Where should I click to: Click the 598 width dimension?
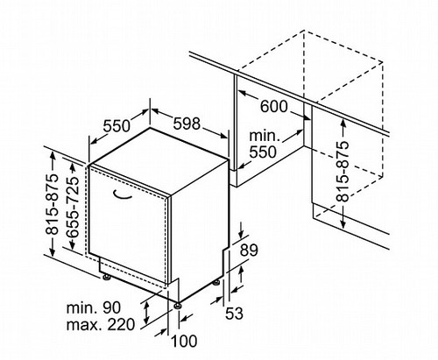187,124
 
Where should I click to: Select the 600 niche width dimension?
273,106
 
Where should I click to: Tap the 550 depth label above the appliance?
117,126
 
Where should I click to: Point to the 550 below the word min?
263,152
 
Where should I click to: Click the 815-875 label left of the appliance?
52,204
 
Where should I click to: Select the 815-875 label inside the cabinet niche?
343,172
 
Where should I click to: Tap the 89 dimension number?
249,251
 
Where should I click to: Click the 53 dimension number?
234,314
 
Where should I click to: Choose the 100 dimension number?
184,341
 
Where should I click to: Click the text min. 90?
94,307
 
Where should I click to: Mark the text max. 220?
101,325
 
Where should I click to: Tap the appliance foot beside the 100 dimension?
178,305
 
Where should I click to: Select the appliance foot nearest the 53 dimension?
216,283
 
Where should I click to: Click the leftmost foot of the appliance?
105,277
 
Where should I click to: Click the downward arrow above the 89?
241,230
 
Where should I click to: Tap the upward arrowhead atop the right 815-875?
343,123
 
